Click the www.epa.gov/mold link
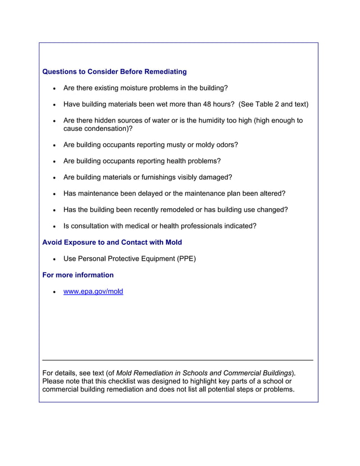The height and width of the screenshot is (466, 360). (x=93, y=292)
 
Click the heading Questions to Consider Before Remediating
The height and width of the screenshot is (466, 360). (x=115, y=72)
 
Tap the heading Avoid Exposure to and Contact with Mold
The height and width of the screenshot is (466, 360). (x=112, y=243)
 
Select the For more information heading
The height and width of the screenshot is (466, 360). (x=78, y=275)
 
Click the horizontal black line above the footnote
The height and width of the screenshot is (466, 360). (x=178, y=360)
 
